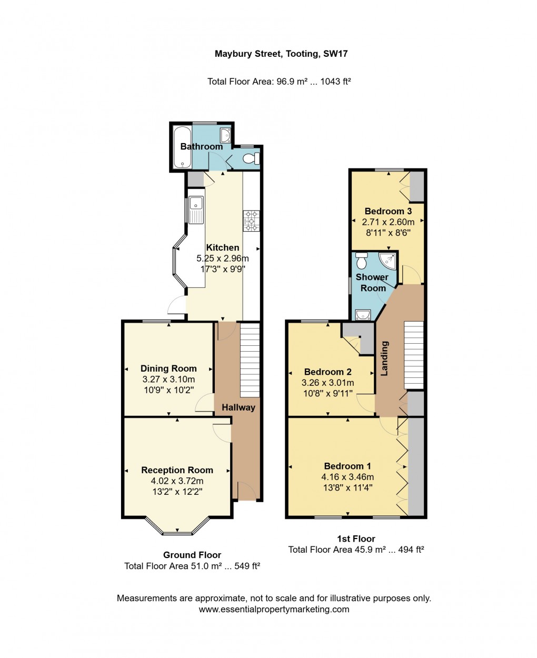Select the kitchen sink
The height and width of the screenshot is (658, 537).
click(x=196, y=209)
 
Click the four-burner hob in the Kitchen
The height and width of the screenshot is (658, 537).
click(x=251, y=221)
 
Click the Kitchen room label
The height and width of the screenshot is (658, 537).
click(x=222, y=247)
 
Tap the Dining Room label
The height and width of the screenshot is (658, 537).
click(x=168, y=368)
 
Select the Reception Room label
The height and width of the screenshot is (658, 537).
click(x=177, y=470)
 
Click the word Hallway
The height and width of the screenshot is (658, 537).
click(x=238, y=407)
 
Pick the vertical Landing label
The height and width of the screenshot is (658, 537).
click(x=384, y=358)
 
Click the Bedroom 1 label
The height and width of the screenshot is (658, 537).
click(x=347, y=466)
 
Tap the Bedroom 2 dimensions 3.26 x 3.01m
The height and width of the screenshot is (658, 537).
click(x=327, y=383)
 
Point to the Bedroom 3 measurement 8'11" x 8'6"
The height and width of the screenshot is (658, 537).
click(x=387, y=233)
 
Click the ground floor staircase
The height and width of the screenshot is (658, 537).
click(x=250, y=361)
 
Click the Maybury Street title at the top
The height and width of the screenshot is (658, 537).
click(x=281, y=54)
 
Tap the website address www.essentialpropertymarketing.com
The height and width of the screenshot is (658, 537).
click(x=274, y=609)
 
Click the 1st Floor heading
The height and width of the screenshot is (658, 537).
click(x=356, y=539)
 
